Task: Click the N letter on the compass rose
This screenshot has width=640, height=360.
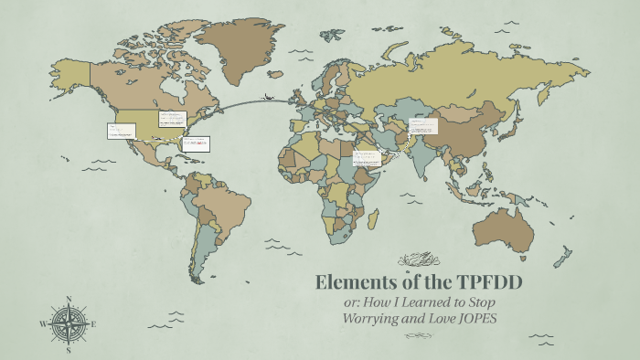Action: coord(68,299)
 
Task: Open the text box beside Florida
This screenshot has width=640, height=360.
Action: coord(196,143)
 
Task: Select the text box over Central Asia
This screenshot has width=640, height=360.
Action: coord(423,125)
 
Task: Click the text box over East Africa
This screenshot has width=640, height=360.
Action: coord(366,157)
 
